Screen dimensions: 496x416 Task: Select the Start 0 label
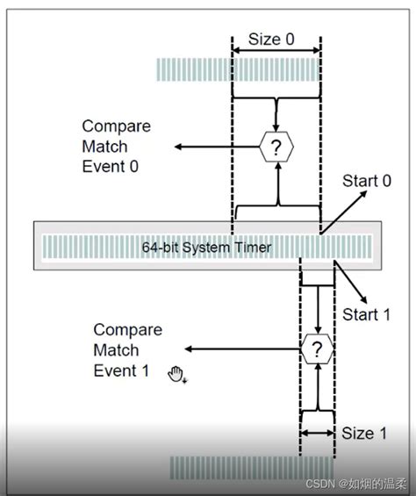(366, 182)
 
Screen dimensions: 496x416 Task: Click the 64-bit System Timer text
(206, 248)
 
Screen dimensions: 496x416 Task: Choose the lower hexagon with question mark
(316, 349)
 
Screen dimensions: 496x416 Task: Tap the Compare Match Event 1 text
(128, 350)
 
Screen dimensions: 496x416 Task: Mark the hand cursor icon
(177, 375)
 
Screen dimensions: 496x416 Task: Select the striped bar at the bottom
(251, 467)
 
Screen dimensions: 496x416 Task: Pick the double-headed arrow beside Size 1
(316, 433)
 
